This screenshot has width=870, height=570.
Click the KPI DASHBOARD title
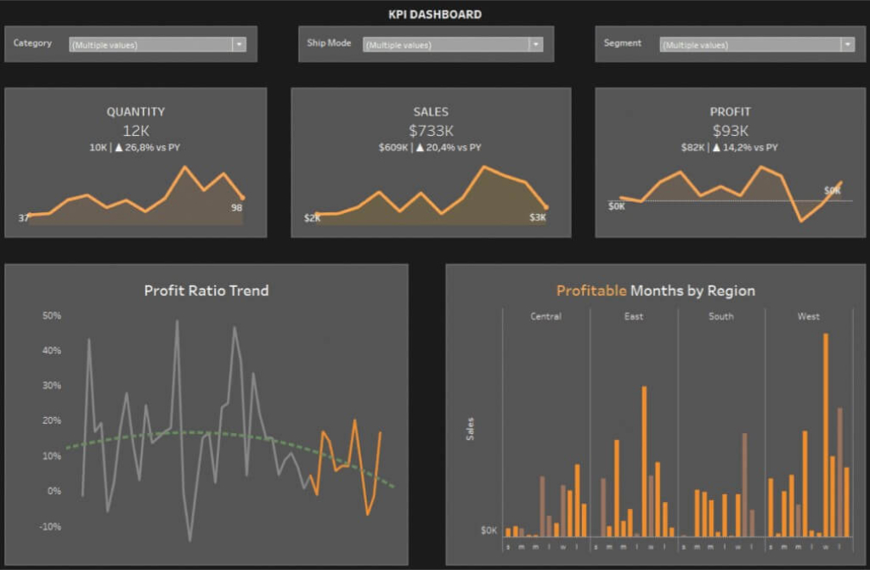(x=434, y=14)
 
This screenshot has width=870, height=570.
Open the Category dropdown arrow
(x=239, y=44)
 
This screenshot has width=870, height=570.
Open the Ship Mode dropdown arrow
(x=535, y=45)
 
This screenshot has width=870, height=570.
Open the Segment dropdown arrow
(x=847, y=45)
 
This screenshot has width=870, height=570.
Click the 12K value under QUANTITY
(x=136, y=130)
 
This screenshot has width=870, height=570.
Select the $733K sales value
(x=431, y=130)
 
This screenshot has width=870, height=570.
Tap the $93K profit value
(x=730, y=130)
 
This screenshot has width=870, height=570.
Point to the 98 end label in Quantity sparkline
(x=237, y=208)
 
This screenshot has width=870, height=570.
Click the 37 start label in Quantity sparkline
(x=24, y=218)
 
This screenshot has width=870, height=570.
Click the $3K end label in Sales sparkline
(x=538, y=217)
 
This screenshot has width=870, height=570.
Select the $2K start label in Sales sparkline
(x=312, y=218)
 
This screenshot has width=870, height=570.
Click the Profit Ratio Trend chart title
(x=206, y=291)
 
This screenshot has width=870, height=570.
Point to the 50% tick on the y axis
(x=51, y=316)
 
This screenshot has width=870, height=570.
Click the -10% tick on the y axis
(x=51, y=527)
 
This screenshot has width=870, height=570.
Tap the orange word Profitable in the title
(x=591, y=291)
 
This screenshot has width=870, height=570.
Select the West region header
(x=809, y=317)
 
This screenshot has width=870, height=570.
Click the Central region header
(x=545, y=317)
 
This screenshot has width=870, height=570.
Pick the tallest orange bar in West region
(x=825, y=433)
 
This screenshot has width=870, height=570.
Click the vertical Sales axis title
(x=471, y=429)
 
